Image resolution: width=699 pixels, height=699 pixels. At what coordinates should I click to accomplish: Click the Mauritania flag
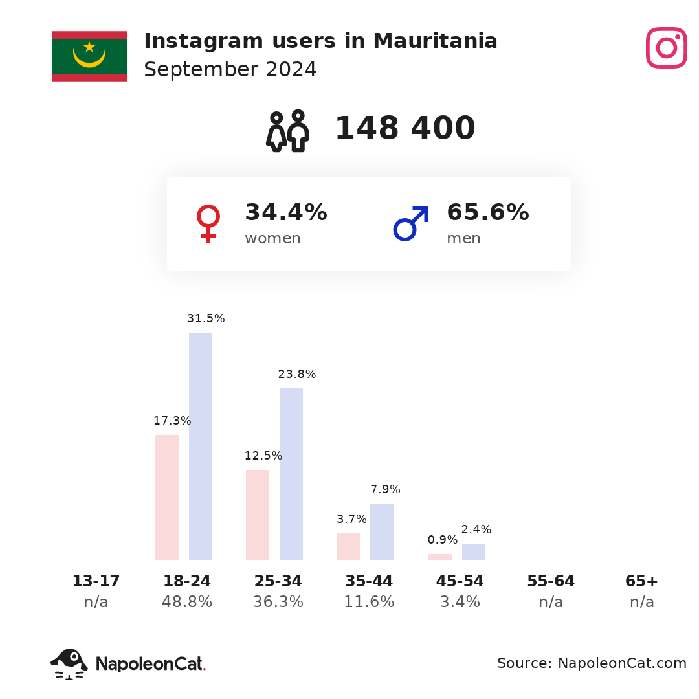click(89, 56)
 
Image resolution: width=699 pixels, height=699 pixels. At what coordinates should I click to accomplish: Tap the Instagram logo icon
click(667, 48)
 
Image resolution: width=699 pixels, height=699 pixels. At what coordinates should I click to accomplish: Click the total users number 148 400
click(405, 128)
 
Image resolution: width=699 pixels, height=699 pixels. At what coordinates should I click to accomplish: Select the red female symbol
click(208, 224)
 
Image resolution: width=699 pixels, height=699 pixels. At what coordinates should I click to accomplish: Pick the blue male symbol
click(411, 223)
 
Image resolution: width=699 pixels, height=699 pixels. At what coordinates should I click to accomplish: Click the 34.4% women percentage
click(286, 212)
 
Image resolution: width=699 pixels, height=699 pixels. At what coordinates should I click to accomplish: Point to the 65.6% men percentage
click(488, 212)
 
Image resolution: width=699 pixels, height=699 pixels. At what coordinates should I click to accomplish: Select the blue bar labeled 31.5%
click(201, 446)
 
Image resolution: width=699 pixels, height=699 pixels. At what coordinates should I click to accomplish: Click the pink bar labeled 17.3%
click(167, 498)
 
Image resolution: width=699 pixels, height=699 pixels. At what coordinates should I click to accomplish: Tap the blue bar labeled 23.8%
click(291, 474)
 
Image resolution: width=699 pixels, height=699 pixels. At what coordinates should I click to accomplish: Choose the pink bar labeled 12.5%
click(258, 515)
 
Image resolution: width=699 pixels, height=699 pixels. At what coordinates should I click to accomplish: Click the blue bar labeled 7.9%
click(382, 532)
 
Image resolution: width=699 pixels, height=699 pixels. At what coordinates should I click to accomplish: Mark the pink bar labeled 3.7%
click(348, 547)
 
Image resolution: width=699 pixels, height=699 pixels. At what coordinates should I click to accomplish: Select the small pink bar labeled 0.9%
click(440, 557)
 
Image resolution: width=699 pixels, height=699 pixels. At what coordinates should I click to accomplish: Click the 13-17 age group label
click(96, 581)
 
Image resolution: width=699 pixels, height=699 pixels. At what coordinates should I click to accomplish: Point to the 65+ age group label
click(641, 581)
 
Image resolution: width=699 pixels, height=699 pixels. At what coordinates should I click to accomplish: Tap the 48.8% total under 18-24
click(187, 602)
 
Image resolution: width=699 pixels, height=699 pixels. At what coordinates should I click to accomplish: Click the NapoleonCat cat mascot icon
click(69, 664)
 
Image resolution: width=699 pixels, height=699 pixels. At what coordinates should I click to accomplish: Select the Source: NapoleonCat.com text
click(592, 663)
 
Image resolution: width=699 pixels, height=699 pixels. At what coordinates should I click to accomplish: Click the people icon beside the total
click(287, 131)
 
